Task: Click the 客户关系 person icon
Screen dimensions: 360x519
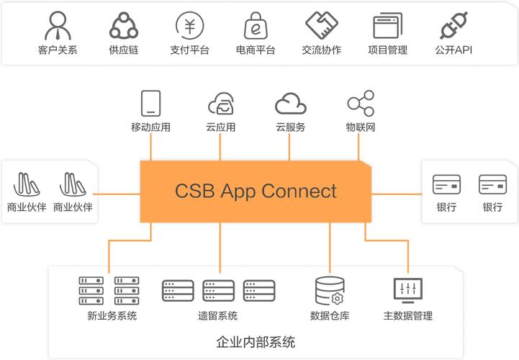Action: click(57, 25)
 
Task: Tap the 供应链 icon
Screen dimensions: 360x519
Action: click(123, 25)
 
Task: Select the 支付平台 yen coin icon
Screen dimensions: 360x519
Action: click(189, 25)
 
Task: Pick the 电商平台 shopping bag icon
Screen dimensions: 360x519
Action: click(256, 25)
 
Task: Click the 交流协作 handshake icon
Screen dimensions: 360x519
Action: click(322, 25)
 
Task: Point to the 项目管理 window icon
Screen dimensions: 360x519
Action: click(387, 26)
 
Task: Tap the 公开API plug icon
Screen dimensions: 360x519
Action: click(453, 25)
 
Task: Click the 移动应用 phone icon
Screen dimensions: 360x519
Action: click(150, 103)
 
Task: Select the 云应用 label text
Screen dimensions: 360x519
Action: click(220, 127)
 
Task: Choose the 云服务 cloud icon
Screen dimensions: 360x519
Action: click(290, 104)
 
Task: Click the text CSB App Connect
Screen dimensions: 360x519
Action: click(256, 191)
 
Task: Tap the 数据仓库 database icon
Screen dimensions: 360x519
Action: click(329, 290)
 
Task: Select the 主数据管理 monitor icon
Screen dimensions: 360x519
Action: click(407, 289)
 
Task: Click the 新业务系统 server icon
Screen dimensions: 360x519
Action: click(109, 290)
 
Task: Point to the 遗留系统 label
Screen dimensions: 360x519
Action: click(218, 315)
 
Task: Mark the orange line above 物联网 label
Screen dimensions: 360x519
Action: click(358, 148)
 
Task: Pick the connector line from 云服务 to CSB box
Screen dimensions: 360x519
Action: click(289, 148)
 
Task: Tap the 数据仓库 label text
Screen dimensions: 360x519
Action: click(330, 315)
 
